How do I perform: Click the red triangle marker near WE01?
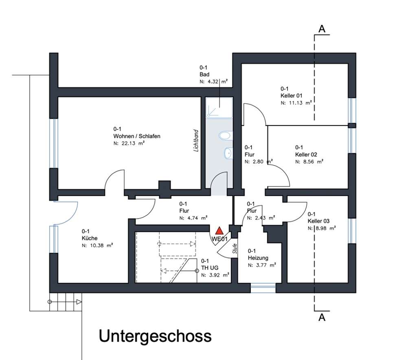[x=219, y=231]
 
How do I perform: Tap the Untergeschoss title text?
[x=155, y=336]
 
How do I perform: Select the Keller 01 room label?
[x=292, y=95]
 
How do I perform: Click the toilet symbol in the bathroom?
[x=224, y=135]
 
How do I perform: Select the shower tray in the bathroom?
[x=219, y=108]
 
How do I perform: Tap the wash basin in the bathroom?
[x=228, y=153]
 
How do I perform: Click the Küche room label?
[x=90, y=238]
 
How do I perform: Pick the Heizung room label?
[x=258, y=258]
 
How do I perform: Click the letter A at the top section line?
[x=322, y=29]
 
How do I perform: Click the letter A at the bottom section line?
[x=322, y=318]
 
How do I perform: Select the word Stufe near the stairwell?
[x=235, y=249]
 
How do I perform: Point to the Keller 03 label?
[x=318, y=221]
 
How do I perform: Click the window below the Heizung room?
[x=263, y=289]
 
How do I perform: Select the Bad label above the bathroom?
[x=204, y=75]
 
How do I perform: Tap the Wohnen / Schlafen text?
[x=137, y=136]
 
